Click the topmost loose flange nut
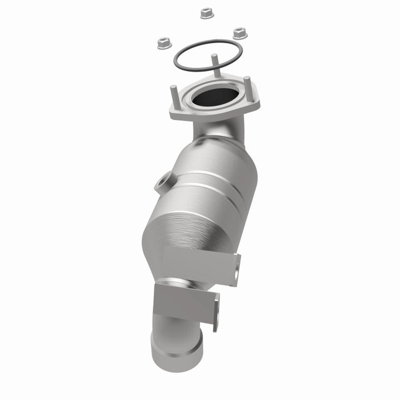coord(207,12)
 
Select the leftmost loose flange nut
coord(163,42)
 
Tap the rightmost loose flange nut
coord(239,33)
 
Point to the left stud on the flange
coord(174,94)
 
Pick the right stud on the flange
coord(247,87)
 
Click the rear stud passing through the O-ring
coord(213,63)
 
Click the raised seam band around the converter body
coord(217,189)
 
